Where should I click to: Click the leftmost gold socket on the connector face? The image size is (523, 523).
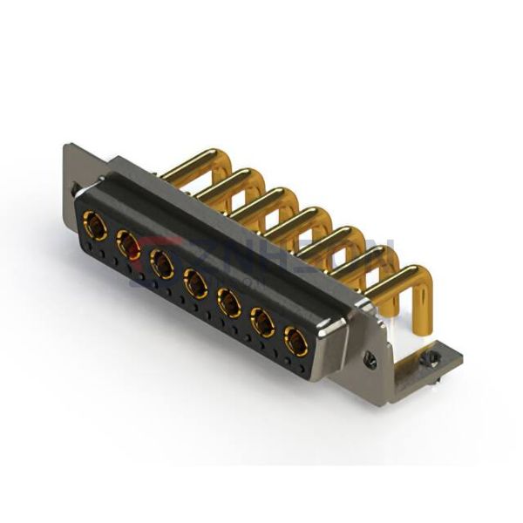pyautogui.click(x=94, y=228)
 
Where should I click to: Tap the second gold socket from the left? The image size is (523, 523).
pyautogui.click(x=128, y=245)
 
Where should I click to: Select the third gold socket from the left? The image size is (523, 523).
pyautogui.click(x=161, y=263)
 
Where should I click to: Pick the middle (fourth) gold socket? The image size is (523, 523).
pyautogui.click(x=194, y=282)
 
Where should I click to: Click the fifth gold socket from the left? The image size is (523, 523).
pyautogui.click(x=228, y=302)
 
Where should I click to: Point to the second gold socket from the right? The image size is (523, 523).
pyautogui.click(x=261, y=322)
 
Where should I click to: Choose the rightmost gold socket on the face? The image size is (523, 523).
pyautogui.click(x=296, y=341)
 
